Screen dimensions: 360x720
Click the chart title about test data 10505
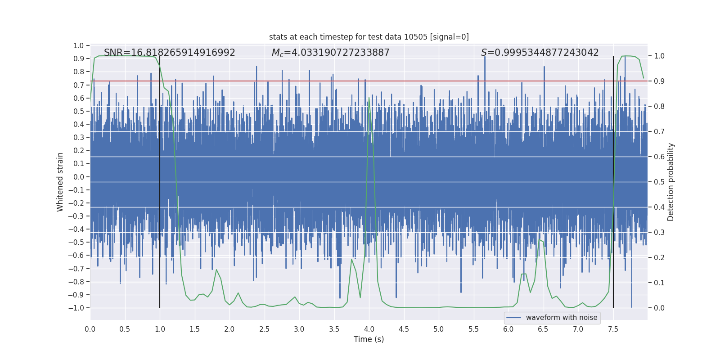369,37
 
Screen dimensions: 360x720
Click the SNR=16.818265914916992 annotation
169,53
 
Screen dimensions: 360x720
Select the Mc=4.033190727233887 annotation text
330,53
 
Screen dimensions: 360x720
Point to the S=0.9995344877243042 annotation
540,53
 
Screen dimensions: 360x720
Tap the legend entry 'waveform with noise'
561,318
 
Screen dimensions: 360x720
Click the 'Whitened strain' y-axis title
60,182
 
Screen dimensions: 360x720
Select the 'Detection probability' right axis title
670,182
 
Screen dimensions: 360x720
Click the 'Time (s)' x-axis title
369,339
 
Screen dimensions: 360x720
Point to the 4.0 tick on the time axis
369,329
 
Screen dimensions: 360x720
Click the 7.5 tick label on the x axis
613,329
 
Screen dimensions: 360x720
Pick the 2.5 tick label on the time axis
264,329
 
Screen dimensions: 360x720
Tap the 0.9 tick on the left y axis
79,59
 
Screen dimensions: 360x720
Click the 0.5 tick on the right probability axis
659,182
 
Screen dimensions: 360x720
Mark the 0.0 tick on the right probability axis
659,308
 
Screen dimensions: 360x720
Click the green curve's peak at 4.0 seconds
369,98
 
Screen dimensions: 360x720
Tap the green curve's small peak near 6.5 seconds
540,240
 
